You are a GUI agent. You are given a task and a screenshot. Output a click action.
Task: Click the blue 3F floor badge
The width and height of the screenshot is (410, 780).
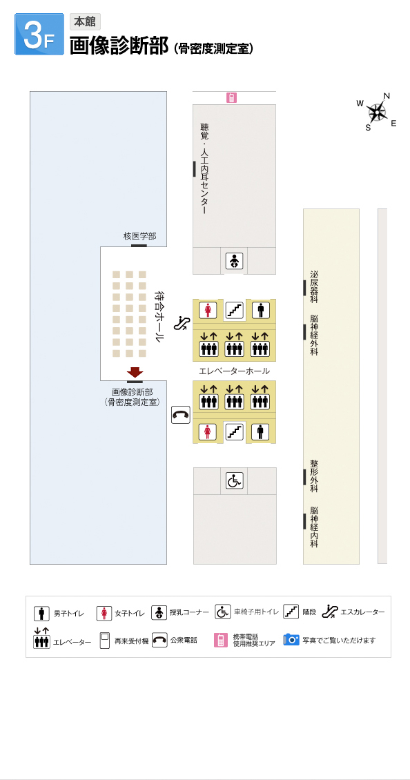(39, 34)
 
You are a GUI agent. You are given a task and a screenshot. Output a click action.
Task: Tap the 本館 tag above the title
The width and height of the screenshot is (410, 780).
(85, 22)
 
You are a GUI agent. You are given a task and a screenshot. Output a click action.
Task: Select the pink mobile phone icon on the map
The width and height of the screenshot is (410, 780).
(231, 98)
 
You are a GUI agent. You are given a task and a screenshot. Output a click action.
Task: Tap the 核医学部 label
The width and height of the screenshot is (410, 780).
(140, 236)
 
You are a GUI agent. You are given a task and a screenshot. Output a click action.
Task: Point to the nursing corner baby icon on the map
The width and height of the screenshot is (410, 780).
(234, 261)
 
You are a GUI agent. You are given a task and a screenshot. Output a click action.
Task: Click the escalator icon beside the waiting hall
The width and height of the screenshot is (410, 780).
(181, 324)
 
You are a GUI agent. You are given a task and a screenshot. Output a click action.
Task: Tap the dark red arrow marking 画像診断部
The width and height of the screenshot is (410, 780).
(135, 372)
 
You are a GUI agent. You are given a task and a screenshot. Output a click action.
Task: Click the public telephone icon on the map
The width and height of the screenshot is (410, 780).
(181, 415)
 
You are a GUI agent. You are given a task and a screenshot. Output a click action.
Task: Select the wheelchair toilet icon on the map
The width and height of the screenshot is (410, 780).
(235, 480)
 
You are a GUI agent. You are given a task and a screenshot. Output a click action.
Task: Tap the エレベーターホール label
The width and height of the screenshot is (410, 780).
(235, 371)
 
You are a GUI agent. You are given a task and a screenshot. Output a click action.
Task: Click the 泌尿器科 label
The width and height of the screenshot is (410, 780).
(314, 287)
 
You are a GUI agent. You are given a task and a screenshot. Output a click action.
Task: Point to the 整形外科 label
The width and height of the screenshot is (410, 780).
(314, 476)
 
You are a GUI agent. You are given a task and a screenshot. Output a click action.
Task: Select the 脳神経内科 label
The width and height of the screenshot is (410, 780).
(314, 527)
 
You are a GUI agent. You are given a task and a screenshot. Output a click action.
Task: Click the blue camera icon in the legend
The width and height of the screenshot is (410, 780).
(291, 639)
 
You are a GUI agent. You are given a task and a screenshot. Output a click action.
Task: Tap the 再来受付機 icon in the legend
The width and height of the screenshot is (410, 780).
(104, 641)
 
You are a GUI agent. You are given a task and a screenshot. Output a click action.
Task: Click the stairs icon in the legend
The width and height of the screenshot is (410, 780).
(291, 612)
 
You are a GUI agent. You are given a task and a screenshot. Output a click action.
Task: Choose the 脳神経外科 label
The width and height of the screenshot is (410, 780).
(314, 335)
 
